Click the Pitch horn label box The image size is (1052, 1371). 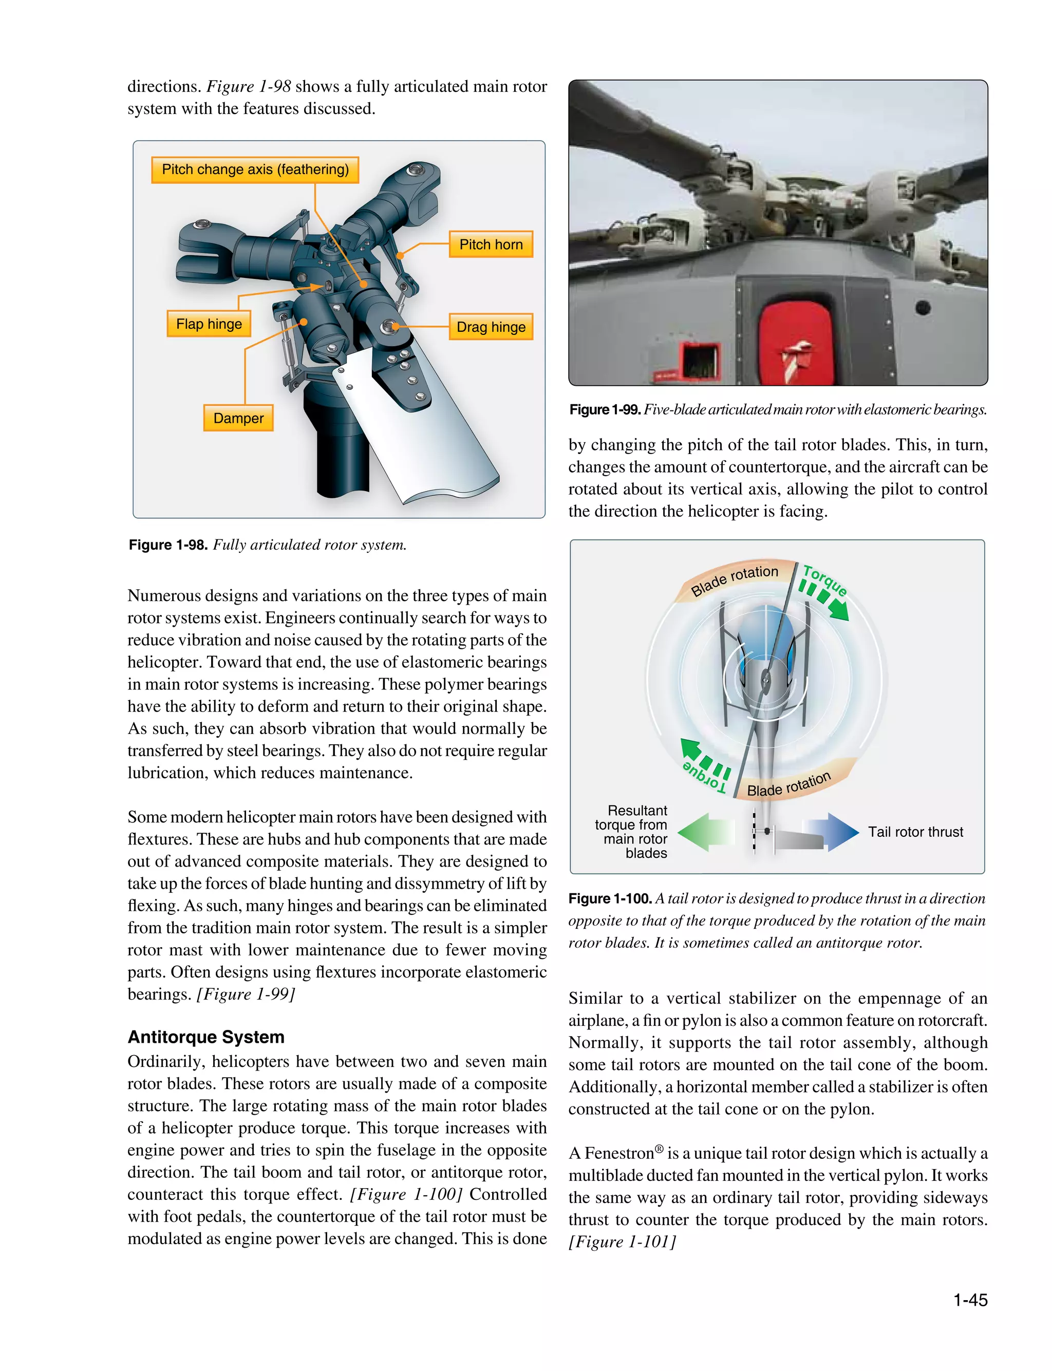(491, 244)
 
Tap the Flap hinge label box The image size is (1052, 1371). (209, 324)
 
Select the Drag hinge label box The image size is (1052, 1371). (491, 327)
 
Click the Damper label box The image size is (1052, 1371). (238, 418)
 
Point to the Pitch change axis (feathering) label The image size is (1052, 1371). (255, 170)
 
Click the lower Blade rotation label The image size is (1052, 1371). (789, 784)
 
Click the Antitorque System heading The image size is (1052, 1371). (206, 1037)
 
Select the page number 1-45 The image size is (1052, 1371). (969, 1300)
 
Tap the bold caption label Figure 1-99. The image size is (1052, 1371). (604, 409)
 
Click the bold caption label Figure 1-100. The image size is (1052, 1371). (610, 898)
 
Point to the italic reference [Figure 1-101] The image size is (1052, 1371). (622, 1242)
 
